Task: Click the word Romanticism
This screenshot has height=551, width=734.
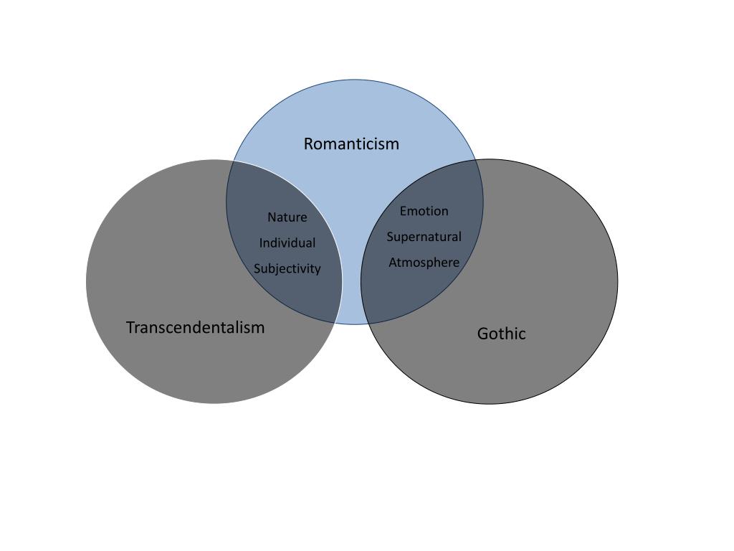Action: tap(351, 143)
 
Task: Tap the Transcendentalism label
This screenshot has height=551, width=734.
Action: tap(195, 327)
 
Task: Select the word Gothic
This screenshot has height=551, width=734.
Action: tap(501, 334)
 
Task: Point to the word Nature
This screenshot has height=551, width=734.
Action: tap(287, 217)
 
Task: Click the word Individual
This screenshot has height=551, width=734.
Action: tap(287, 243)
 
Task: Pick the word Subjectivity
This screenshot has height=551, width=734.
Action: tap(287, 269)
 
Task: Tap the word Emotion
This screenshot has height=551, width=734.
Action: tap(424, 211)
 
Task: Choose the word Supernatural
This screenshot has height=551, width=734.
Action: tap(424, 237)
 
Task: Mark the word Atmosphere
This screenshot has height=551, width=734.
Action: tap(424, 263)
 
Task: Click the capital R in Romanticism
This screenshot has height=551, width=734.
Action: tap(309, 143)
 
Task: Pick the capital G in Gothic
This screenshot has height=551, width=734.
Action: tap(482, 334)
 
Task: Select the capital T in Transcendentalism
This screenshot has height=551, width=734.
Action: tap(130, 327)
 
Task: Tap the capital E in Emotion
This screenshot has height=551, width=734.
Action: tap(403, 211)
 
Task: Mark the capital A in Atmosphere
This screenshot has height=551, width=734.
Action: tap(393, 263)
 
